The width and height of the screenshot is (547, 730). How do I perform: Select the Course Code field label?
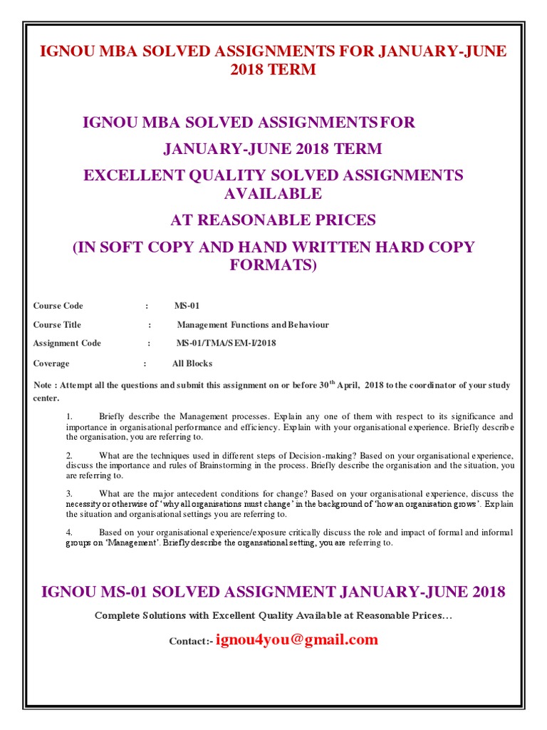(x=58, y=306)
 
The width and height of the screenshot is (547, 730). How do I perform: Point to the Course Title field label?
(x=57, y=324)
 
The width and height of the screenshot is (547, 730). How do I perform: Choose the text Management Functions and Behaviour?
(x=253, y=324)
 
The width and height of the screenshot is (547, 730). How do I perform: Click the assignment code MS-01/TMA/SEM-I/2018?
(x=226, y=343)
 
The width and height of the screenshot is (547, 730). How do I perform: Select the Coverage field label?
(x=51, y=363)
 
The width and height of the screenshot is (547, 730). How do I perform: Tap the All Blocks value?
(x=192, y=363)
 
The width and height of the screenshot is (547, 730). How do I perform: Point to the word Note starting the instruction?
(x=43, y=386)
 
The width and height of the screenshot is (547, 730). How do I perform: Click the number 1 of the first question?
(x=69, y=416)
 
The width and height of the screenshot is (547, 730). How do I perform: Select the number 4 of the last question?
(x=69, y=532)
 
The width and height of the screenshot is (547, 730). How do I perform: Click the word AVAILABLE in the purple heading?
(x=273, y=194)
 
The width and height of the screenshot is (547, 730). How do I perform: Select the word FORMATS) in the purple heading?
(x=273, y=265)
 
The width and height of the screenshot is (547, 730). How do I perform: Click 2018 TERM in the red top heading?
(x=273, y=70)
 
